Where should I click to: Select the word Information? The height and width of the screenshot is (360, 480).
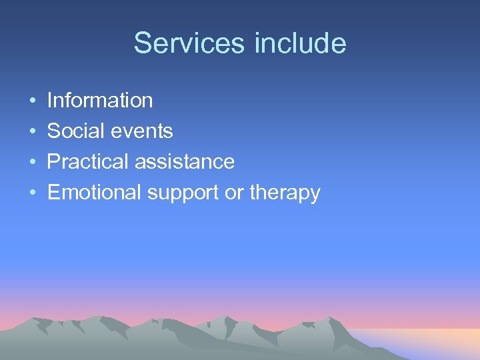pos(100,101)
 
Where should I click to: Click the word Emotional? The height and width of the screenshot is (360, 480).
pos(95,193)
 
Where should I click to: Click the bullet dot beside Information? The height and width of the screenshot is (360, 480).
pos(33,101)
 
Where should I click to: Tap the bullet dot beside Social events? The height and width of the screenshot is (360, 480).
pos(33,132)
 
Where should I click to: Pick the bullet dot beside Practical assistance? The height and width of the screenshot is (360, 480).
pos(33,163)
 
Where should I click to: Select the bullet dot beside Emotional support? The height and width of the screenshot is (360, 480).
pos(33,193)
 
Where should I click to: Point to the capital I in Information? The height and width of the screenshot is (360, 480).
pos(50,101)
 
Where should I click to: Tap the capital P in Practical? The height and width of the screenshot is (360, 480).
pos(53,162)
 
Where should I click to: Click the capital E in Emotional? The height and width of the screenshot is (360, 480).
pos(53,193)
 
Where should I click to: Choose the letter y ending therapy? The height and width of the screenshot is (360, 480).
pos(315,195)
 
